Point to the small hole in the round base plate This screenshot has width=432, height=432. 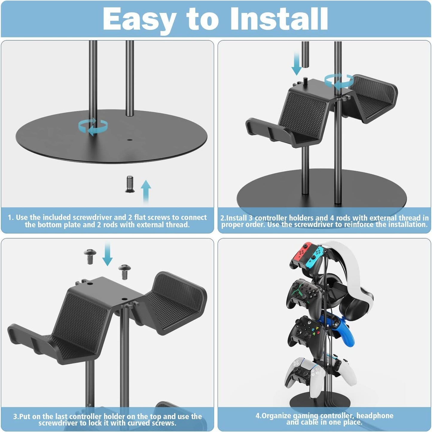coord(129,140)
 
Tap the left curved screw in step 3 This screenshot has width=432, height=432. coord(90,256)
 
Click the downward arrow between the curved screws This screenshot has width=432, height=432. coord(107,254)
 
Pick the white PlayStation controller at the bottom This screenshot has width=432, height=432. coord(317,374)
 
